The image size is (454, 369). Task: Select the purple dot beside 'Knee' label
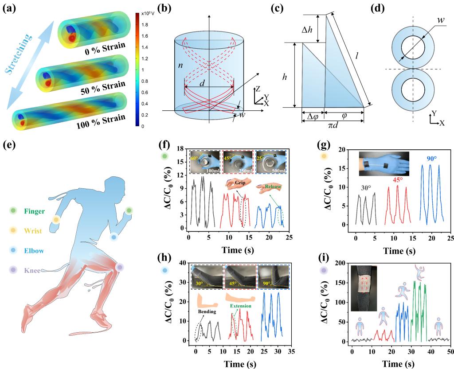pos(13,269)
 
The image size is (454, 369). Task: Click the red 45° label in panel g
pos(394,180)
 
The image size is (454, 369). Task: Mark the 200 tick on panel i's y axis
pos(340,263)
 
